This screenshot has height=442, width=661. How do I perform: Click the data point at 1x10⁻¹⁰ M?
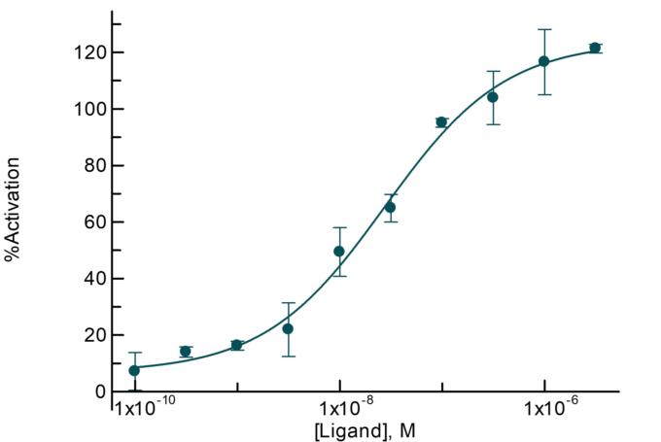(x=134, y=370)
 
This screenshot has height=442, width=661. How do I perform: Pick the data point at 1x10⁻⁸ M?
(x=339, y=251)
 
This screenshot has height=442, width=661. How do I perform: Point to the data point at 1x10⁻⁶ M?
(x=544, y=61)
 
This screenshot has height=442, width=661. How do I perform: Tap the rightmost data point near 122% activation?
(x=595, y=48)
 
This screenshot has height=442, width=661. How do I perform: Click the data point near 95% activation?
(x=441, y=122)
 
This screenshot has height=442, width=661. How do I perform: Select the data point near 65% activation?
(x=390, y=207)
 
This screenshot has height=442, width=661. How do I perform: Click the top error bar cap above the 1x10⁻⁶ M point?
(x=544, y=29)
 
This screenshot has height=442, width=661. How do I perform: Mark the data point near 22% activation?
(x=288, y=328)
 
